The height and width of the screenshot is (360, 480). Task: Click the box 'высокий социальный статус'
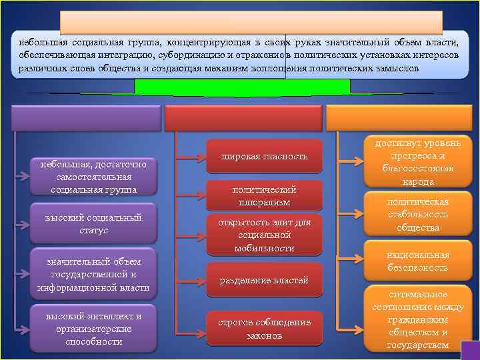point(93,223)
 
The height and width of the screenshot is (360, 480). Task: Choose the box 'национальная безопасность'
point(418,261)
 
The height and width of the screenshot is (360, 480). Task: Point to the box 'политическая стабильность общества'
point(418,215)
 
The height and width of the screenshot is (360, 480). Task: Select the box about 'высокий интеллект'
point(93,329)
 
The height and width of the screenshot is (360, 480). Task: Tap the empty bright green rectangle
point(242,87)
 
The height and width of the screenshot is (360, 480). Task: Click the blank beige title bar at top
point(251,22)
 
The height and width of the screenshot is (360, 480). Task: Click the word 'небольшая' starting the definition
point(41,41)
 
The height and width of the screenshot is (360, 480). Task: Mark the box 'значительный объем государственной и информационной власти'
point(93,274)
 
